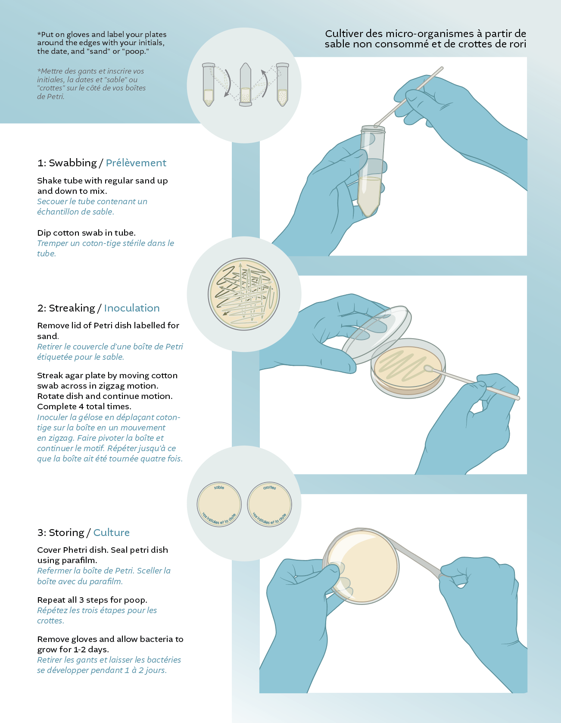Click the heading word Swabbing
click(72, 163)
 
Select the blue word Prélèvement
click(136, 163)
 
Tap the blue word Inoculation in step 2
click(131, 308)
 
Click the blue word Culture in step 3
click(111, 533)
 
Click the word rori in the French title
click(517, 44)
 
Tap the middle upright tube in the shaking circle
click(245, 85)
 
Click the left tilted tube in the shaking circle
click(209, 85)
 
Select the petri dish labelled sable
click(219, 504)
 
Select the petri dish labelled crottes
click(269, 504)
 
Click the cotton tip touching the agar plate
click(428, 368)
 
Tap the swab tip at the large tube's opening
click(378, 125)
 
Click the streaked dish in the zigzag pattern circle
click(244, 294)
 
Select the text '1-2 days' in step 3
click(90, 649)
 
